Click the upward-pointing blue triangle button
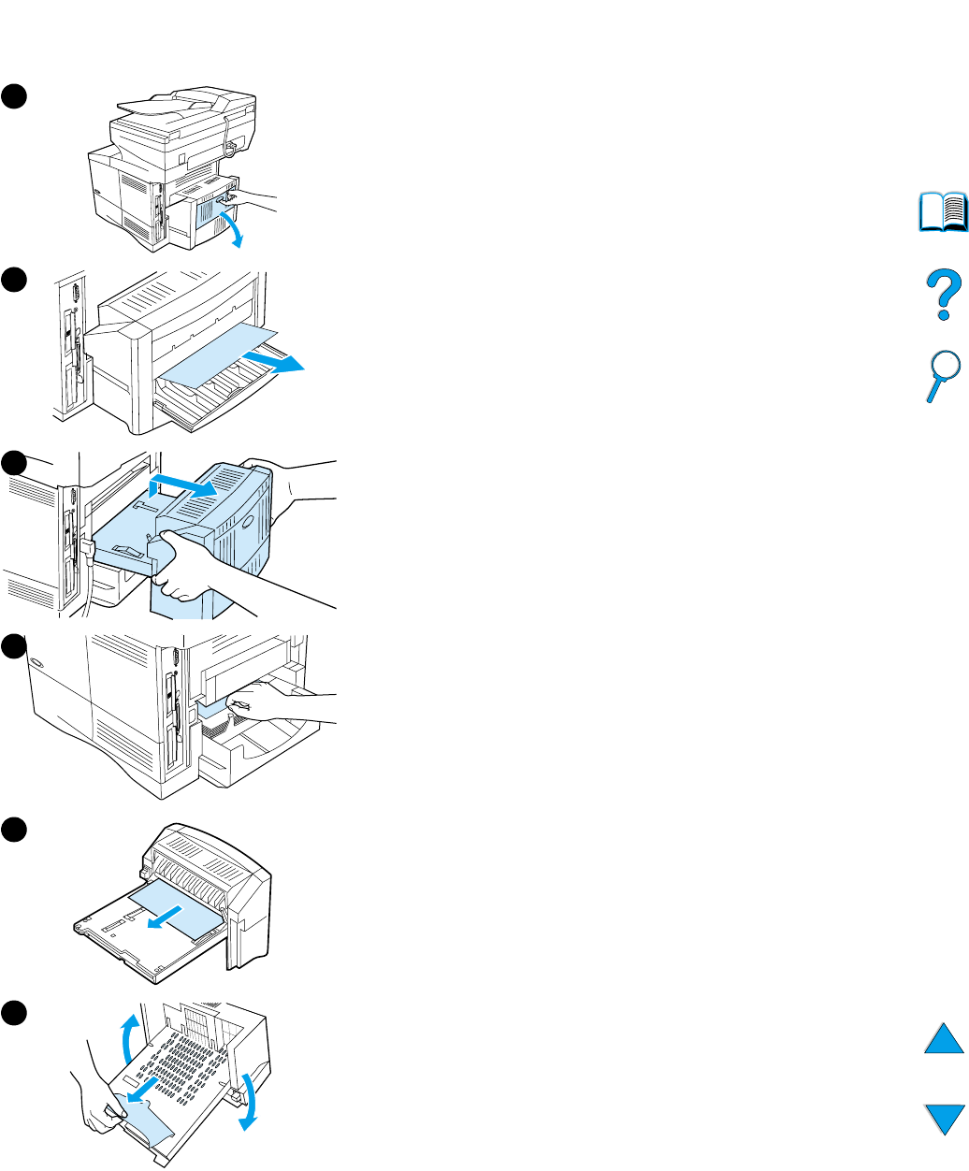point(944,1039)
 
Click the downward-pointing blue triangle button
point(944,1120)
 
